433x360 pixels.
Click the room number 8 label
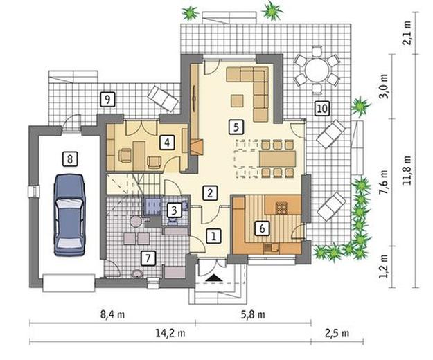[x=70, y=159]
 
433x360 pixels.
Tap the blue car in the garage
[x=69, y=215]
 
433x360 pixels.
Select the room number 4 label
[x=167, y=143]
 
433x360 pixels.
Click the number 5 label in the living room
[x=236, y=127]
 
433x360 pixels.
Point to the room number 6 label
[x=262, y=228]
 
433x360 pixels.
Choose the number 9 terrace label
[x=107, y=99]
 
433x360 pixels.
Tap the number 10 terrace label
[x=321, y=108]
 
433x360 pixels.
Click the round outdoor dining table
[x=317, y=70]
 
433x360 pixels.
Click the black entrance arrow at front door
[x=214, y=278]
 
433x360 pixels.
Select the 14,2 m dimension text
[x=170, y=334]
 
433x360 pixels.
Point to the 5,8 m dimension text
[x=253, y=315]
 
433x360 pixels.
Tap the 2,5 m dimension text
[x=337, y=334]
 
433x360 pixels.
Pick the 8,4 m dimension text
[x=112, y=315]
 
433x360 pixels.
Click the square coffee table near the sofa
[x=237, y=100]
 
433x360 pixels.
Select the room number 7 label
[x=148, y=258]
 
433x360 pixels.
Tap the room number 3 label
[x=174, y=210]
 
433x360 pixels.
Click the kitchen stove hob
[x=282, y=208]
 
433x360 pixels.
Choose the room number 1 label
[x=213, y=236]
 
